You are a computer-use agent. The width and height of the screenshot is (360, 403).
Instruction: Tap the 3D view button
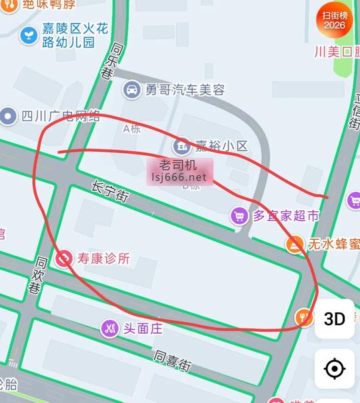point(335,318)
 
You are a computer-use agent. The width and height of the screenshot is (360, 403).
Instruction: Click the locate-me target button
point(335,368)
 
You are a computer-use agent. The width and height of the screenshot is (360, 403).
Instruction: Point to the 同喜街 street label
point(173,360)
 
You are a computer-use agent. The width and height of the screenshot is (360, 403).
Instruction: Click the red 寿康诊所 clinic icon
point(65,258)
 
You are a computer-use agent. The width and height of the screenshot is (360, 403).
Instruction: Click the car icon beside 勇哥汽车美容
point(132,89)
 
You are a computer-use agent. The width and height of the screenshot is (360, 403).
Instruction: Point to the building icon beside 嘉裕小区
point(181,145)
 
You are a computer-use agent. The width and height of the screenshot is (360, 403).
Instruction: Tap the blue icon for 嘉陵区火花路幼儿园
point(29,35)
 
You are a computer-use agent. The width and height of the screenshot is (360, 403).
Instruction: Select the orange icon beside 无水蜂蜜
point(294,244)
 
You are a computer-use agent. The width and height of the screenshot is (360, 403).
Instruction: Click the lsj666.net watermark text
point(179,177)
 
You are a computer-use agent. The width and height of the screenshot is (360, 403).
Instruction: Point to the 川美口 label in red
point(337,52)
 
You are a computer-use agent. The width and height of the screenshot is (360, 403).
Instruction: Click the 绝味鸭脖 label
point(49,4)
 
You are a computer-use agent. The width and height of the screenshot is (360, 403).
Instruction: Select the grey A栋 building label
point(131,129)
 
